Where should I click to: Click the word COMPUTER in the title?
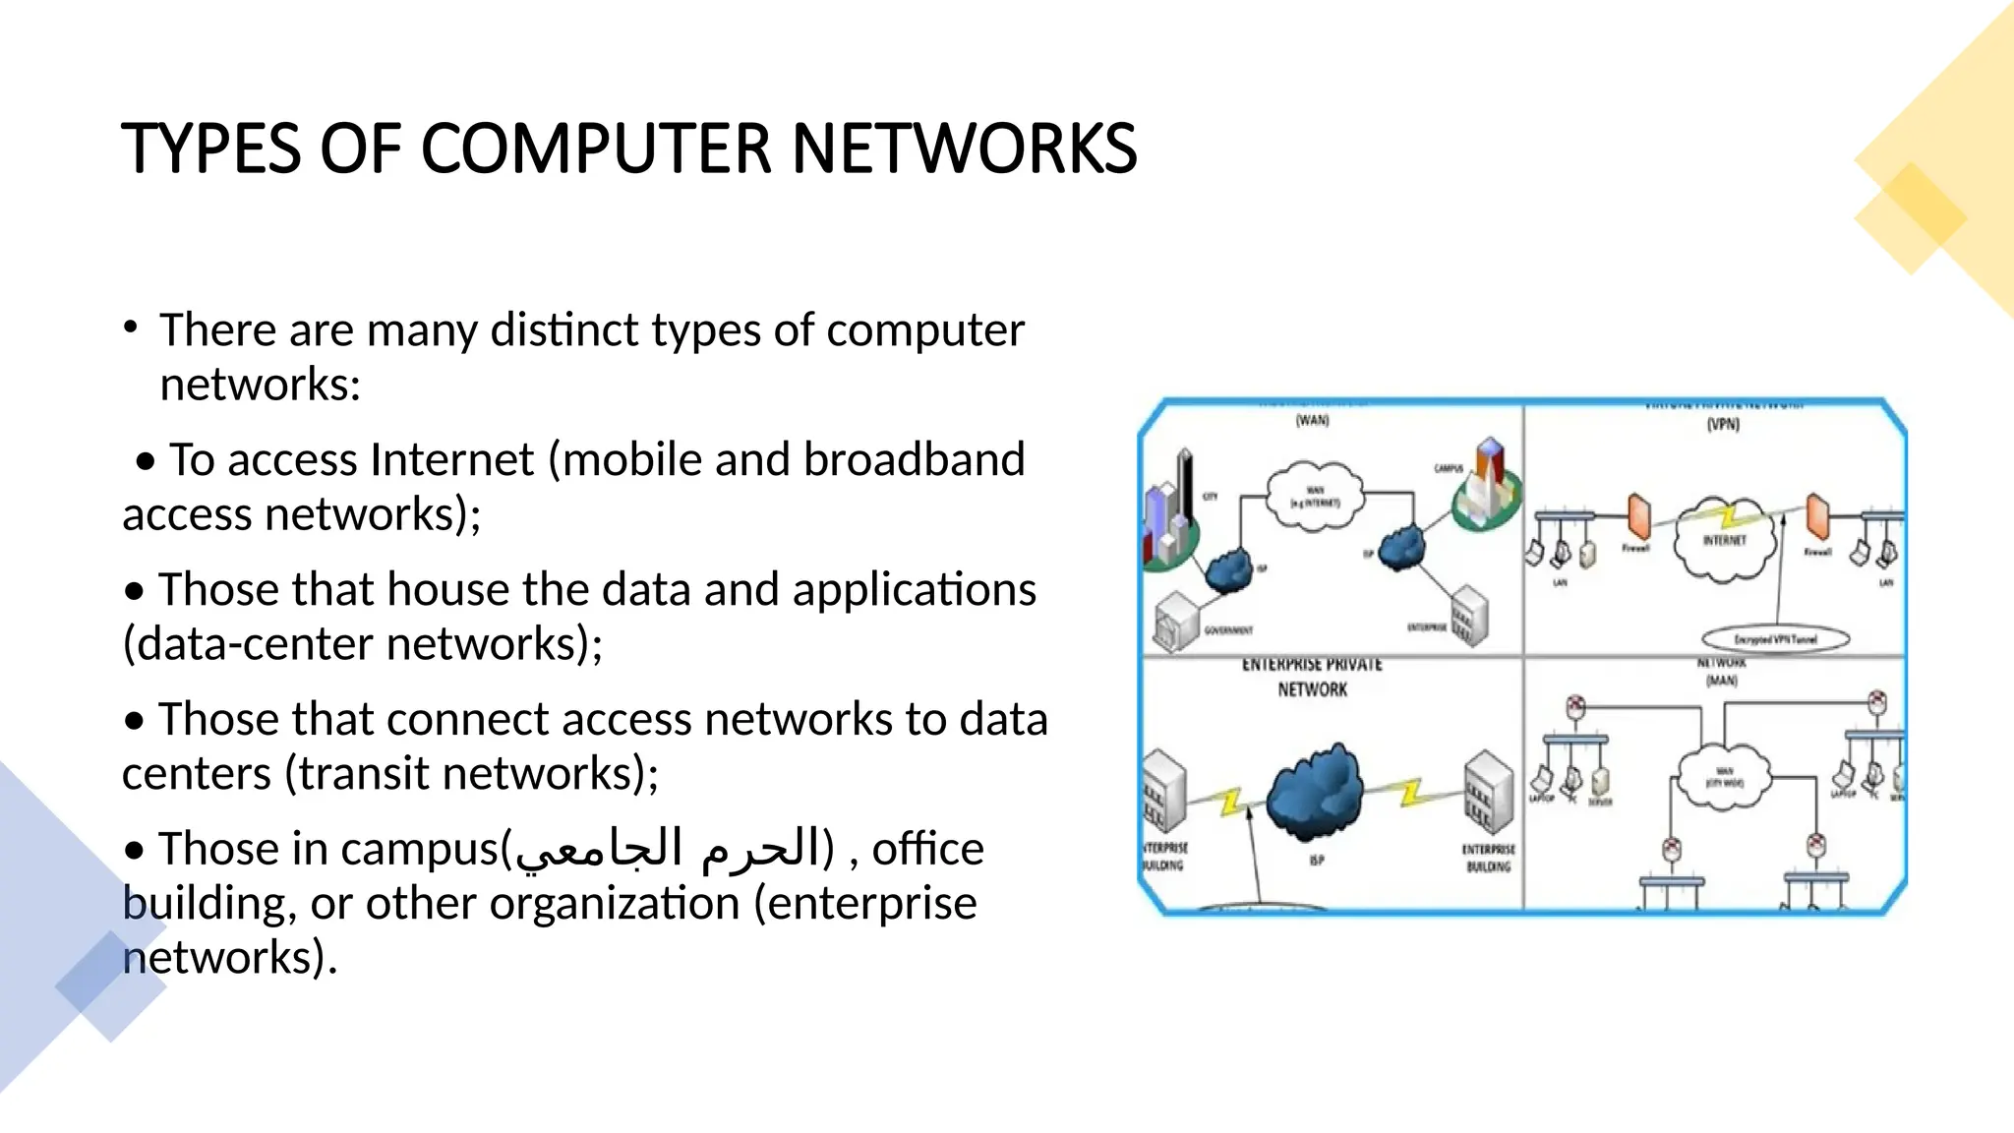[597, 149]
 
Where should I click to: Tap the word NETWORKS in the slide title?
[964, 149]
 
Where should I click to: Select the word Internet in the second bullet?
[452, 460]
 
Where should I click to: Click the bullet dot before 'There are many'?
[131, 328]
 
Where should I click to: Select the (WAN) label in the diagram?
[1312, 421]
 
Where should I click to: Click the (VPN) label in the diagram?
[1723, 425]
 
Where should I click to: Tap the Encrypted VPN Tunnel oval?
[1775, 639]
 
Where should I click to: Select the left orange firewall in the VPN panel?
[1638, 516]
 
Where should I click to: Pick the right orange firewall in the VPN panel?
[1817, 516]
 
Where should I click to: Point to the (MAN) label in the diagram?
[1721, 681]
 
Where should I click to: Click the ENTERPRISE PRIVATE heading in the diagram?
[1312, 666]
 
